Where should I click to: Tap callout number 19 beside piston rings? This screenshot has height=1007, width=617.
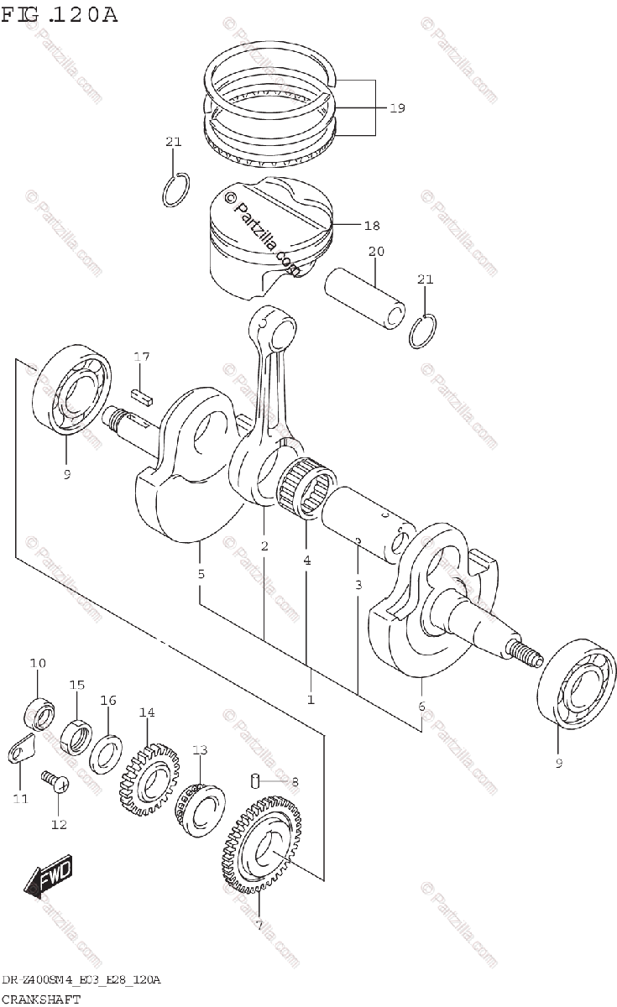(x=396, y=108)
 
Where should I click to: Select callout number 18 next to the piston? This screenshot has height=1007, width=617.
(x=372, y=226)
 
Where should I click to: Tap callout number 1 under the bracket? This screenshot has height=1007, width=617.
(x=310, y=699)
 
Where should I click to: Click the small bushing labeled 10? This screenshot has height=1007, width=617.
(x=37, y=713)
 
